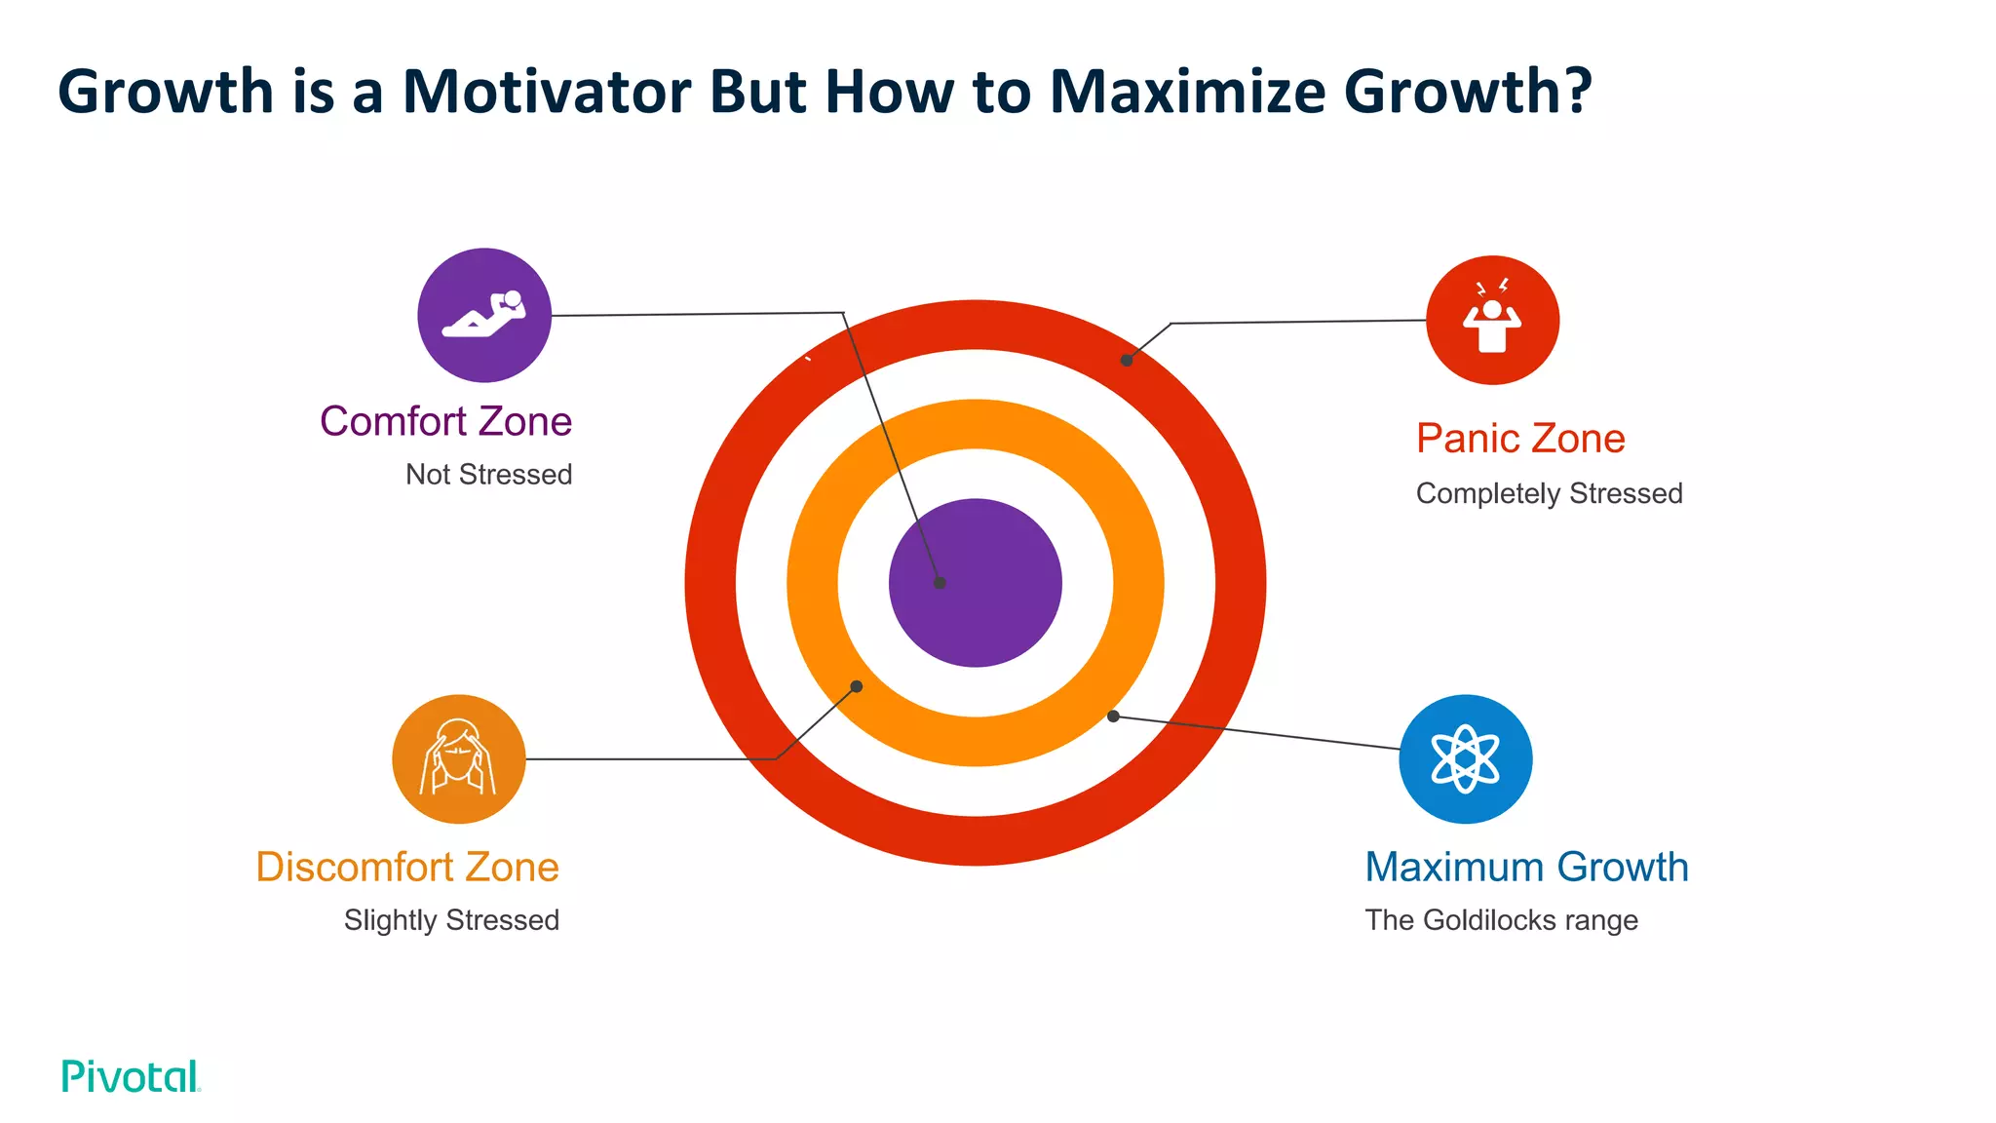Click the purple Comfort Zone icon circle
(484, 315)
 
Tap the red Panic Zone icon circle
(1492, 320)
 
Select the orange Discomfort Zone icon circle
(458, 758)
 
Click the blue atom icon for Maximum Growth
(1465, 758)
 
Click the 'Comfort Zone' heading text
(445, 422)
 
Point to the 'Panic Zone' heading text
(1519, 439)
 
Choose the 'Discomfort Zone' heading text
(407, 867)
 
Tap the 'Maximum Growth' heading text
(1526, 867)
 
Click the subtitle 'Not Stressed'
(488, 475)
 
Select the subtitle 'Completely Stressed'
(1549, 493)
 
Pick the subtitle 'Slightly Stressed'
(451, 920)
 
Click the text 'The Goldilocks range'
(1501, 920)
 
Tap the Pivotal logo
(131, 1076)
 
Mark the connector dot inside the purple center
(940, 583)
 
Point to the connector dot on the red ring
(1126, 361)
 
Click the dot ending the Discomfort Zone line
(857, 687)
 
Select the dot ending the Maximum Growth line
(1113, 716)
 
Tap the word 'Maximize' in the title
(1187, 92)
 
